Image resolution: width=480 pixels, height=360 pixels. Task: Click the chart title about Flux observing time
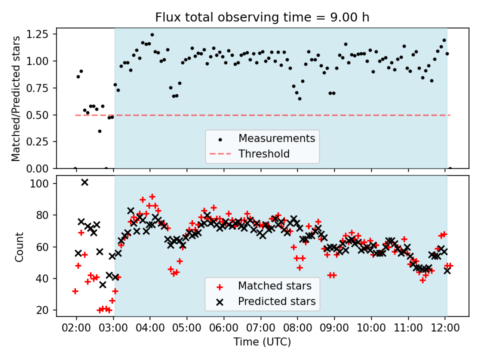point(262,17)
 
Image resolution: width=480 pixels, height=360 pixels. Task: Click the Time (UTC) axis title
point(262,342)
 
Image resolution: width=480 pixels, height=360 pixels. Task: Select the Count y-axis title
point(19,246)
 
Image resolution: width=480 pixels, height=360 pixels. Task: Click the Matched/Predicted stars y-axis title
point(16,98)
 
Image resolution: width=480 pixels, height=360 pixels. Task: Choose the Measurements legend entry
point(276,138)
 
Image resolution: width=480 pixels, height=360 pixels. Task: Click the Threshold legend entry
point(264,153)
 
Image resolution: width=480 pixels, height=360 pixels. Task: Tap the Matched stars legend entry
point(274,286)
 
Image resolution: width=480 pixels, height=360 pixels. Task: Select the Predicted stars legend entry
point(276,301)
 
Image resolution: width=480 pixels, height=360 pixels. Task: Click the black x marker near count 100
point(84,182)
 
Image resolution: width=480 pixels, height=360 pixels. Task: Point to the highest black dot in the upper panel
point(152,35)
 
